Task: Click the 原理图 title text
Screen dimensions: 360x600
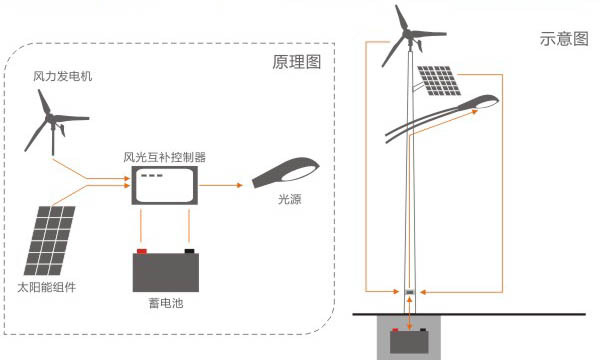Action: point(296,62)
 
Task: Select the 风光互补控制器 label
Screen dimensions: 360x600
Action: point(164,157)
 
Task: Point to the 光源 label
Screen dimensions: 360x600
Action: point(290,200)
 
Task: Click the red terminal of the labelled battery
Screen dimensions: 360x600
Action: point(141,251)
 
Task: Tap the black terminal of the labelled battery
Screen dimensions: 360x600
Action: point(188,251)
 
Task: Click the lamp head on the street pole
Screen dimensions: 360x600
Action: point(478,103)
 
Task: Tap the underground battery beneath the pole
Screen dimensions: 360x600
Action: point(410,343)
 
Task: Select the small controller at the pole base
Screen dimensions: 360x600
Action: point(410,292)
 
